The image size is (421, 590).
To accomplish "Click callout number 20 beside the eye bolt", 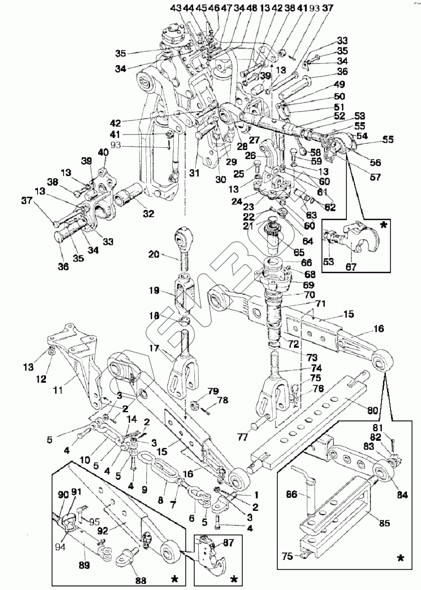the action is click(x=154, y=254).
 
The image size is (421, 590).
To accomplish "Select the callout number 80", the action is click(x=372, y=410).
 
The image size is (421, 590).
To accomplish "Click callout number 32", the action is click(x=148, y=214).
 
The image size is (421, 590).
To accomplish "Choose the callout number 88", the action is click(x=141, y=580).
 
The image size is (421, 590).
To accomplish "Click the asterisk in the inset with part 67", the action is click(x=384, y=226).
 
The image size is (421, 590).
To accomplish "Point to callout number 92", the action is click(x=103, y=531).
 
